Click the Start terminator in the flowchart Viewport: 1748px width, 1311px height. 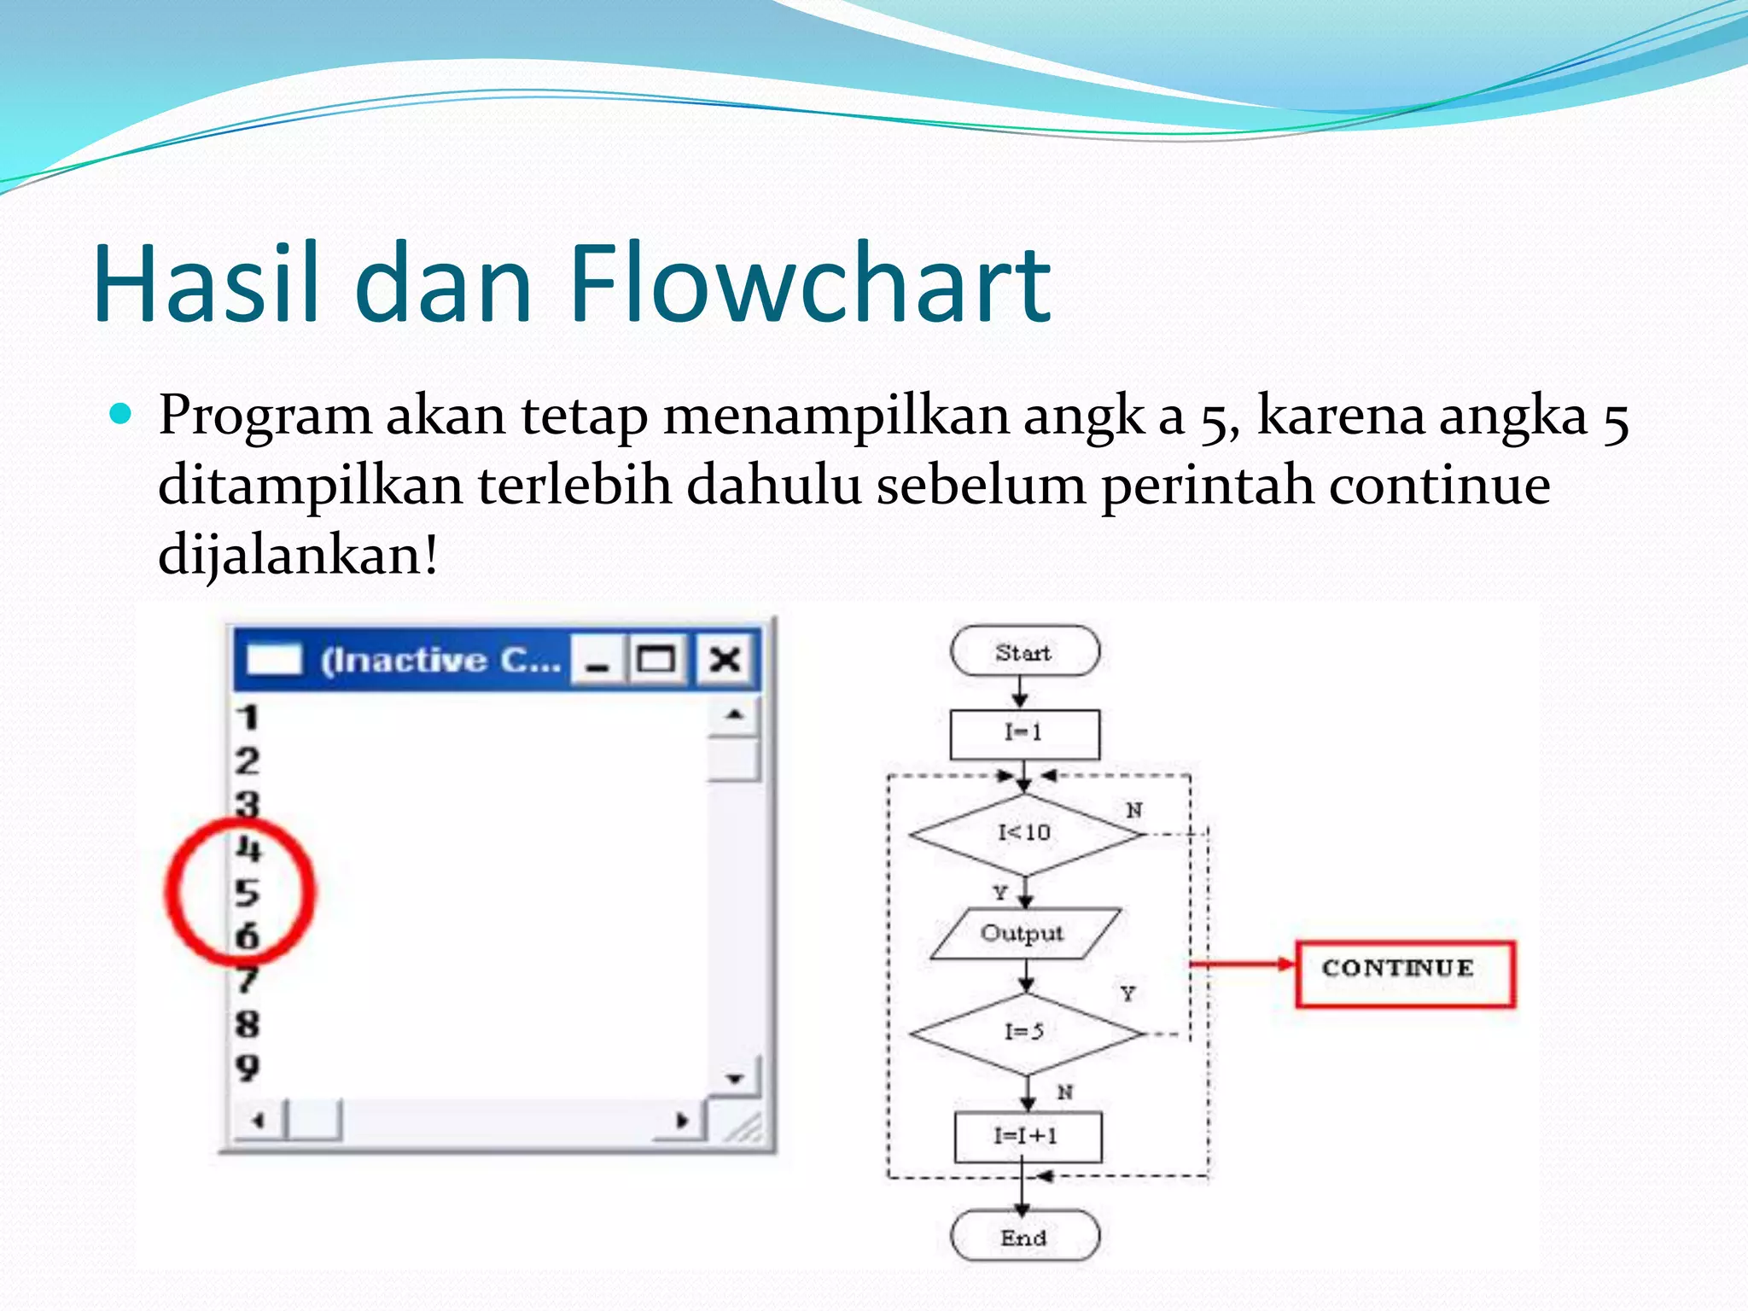click(x=1024, y=652)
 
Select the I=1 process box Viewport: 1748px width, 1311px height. click(x=1024, y=733)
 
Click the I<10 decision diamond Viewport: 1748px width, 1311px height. click(x=1024, y=833)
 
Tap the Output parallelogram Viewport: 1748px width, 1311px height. click(x=1023, y=933)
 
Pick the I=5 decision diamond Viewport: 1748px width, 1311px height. click(x=1024, y=1033)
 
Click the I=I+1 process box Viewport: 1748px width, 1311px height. click(x=1027, y=1137)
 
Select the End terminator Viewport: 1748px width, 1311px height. click(x=1024, y=1237)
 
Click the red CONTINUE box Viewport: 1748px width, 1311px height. click(x=1403, y=973)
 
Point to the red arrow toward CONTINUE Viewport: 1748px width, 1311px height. click(x=1243, y=964)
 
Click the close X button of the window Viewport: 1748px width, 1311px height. click(x=725, y=660)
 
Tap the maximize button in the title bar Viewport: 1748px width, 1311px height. click(x=656, y=660)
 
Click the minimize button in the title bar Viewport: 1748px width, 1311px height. click(x=597, y=660)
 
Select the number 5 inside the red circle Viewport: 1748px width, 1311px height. click(x=247, y=893)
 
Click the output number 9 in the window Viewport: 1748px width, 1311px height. click(x=248, y=1068)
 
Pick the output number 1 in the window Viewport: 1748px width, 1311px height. click(x=248, y=718)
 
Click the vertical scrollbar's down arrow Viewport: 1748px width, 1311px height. click(x=734, y=1079)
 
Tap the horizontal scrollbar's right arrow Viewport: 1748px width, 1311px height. click(x=681, y=1121)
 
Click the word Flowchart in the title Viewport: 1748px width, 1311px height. click(x=809, y=283)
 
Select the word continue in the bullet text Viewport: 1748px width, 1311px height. click(x=1439, y=485)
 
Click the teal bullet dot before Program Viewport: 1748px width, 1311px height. click(x=121, y=415)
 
